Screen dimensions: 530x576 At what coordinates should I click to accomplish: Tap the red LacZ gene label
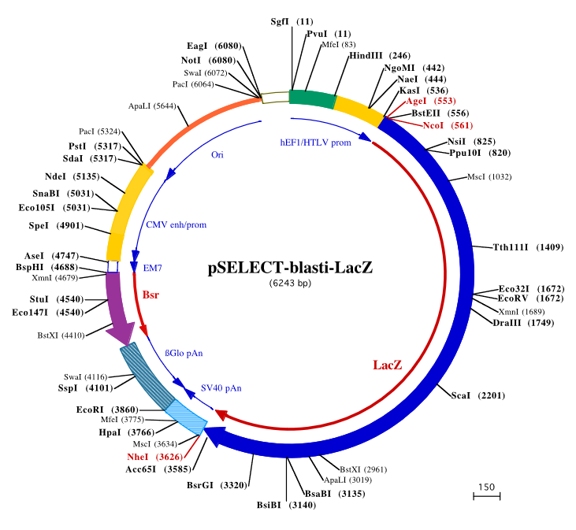(387, 365)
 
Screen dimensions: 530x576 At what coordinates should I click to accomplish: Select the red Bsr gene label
(151, 295)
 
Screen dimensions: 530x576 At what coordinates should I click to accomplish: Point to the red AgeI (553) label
(426, 101)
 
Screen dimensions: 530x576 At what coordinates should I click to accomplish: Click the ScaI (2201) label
(485, 395)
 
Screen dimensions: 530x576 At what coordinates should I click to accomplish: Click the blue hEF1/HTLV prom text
(315, 143)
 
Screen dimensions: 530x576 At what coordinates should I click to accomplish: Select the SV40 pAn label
(221, 387)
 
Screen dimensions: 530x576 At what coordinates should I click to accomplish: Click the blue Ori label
(217, 154)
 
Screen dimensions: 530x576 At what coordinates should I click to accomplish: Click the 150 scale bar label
(486, 487)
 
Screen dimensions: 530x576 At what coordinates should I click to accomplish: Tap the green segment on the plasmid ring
(311, 98)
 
